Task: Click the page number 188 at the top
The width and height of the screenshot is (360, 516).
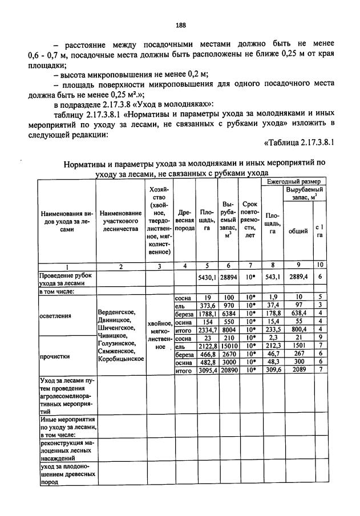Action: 181,24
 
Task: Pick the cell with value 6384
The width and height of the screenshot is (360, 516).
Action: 229,313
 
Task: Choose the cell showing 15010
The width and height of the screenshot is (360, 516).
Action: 229,346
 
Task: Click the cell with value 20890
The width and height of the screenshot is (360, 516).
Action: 229,370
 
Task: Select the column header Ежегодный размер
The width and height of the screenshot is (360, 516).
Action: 294,181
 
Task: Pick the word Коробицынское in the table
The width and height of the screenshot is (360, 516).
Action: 121,360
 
